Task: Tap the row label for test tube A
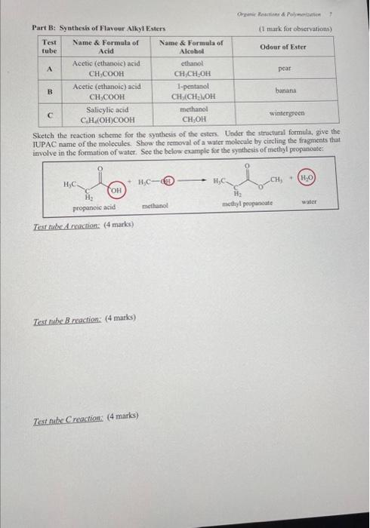pyautogui.click(x=50, y=68)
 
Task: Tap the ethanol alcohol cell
pyautogui.click(x=190, y=68)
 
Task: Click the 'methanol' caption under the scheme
pyautogui.click(x=154, y=205)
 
